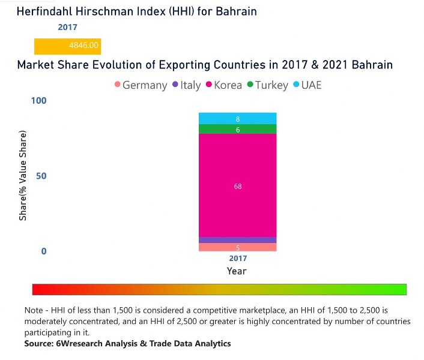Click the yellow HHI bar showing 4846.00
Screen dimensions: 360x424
(67, 46)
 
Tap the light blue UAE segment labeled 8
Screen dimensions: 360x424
(237, 118)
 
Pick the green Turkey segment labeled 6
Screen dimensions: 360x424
(237, 129)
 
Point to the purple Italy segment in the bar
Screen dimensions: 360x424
(237, 240)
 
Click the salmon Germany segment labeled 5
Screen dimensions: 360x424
(237, 247)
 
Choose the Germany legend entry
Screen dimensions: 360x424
(141, 85)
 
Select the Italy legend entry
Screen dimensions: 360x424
(186, 85)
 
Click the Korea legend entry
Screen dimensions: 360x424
(223, 85)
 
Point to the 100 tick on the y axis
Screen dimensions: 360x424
(39, 101)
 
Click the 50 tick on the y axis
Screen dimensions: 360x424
(41, 176)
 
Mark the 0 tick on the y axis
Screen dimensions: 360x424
(44, 251)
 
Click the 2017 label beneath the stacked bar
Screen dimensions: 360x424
(237, 259)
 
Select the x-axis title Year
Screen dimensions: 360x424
(237, 271)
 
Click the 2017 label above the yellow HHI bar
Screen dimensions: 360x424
(67, 27)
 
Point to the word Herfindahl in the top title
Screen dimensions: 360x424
(45, 11)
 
